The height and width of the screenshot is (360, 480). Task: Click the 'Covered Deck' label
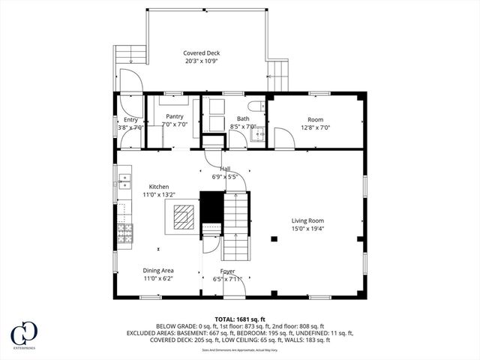pos(202,52)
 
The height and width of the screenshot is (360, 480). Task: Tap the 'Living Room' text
pos(307,220)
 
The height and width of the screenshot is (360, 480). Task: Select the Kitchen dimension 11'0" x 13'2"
pos(158,195)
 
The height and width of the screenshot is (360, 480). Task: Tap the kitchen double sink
pos(122,180)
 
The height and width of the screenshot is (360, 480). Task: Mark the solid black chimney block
pos(210,206)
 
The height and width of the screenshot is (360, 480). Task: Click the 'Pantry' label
pos(175,116)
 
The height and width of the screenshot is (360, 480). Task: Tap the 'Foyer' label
pos(227,271)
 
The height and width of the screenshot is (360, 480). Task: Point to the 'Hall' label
pos(225,169)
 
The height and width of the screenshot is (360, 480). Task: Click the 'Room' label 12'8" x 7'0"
pos(315,119)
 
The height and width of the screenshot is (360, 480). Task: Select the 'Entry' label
pos(130,119)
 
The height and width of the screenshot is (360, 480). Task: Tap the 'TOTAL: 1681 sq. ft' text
pos(240,319)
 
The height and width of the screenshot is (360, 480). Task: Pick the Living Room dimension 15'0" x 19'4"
pos(307,229)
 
